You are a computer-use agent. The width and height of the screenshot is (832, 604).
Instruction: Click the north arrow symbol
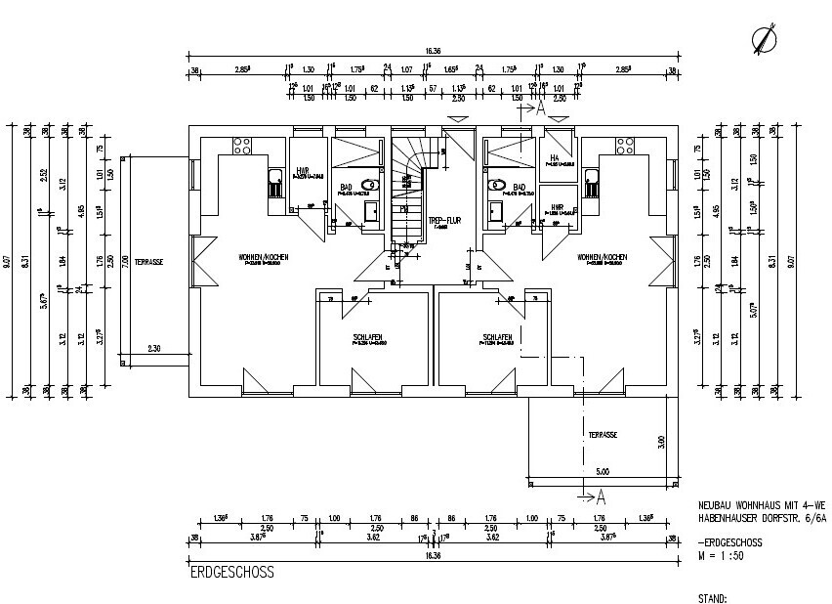765,38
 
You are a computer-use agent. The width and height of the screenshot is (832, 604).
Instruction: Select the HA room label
554,157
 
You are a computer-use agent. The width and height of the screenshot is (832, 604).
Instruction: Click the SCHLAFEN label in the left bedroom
368,336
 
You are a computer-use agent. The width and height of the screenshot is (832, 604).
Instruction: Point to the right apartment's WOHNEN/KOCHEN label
602,258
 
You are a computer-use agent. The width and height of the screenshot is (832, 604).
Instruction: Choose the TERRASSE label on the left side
149,263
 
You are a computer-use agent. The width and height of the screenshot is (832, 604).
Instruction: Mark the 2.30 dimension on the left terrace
154,348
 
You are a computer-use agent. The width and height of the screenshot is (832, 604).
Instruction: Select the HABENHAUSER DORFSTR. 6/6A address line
763,520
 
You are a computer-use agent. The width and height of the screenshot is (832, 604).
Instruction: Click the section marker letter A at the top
539,109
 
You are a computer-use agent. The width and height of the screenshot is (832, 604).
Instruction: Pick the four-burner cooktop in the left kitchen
242,147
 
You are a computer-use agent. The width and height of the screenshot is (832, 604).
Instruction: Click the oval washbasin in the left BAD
370,184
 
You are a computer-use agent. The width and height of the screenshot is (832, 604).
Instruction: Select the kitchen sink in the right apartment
591,183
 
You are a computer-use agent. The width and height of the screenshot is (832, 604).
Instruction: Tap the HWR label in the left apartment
302,171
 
